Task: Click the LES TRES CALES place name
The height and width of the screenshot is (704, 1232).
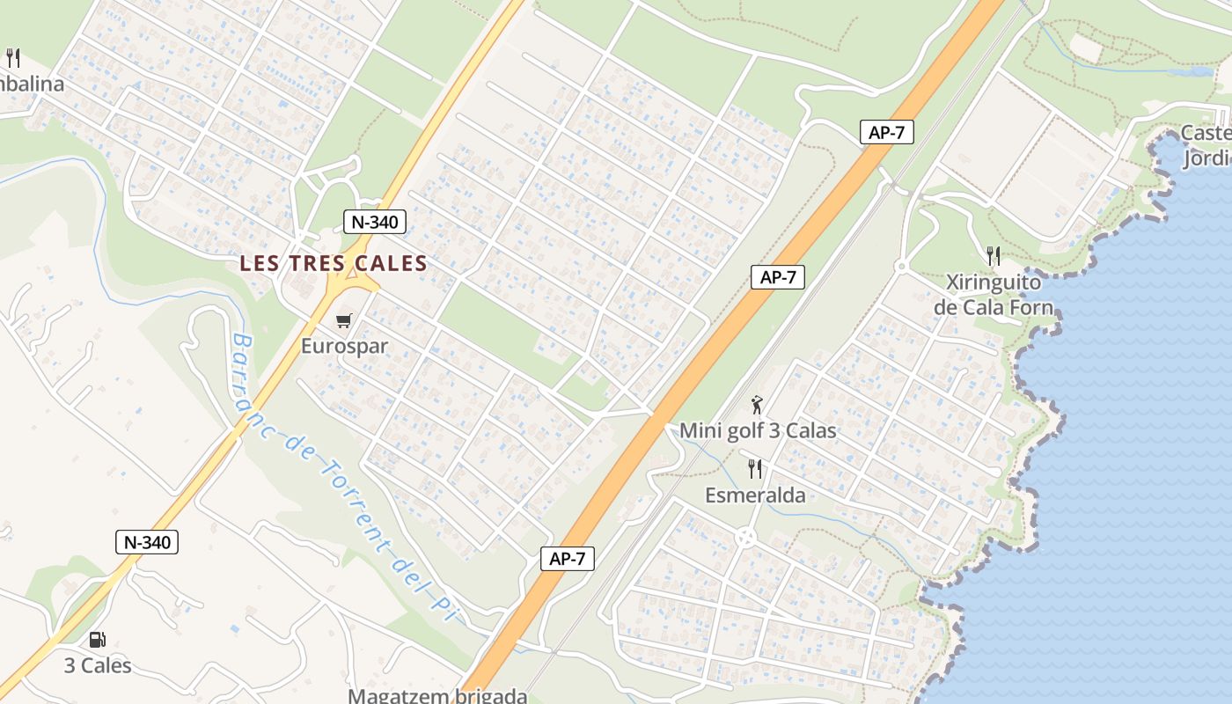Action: click(x=334, y=263)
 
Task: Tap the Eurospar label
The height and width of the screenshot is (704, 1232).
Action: click(x=344, y=346)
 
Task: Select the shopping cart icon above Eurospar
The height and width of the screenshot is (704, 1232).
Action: click(x=344, y=321)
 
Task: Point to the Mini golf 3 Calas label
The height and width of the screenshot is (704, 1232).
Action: click(x=757, y=431)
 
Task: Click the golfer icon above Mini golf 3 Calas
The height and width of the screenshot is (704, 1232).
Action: click(x=757, y=405)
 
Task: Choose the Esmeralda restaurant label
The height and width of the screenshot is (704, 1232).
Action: click(x=755, y=495)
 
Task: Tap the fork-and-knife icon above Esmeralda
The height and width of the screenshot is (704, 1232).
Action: click(x=754, y=468)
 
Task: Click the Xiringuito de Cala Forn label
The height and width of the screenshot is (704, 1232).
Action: click(x=994, y=295)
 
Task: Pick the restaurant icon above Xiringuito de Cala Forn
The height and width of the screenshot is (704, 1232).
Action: click(x=994, y=256)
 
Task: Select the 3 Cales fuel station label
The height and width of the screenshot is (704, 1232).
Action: click(x=98, y=665)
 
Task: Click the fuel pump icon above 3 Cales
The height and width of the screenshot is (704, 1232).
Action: click(x=97, y=640)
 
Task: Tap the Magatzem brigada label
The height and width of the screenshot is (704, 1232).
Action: click(x=437, y=695)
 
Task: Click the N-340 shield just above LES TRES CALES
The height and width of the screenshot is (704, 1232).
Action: click(x=375, y=222)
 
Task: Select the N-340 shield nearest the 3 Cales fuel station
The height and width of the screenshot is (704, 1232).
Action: click(x=147, y=542)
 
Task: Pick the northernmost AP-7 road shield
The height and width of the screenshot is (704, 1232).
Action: click(x=887, y=133)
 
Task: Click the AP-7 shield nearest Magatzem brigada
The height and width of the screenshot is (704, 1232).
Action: click(x=568, y=558)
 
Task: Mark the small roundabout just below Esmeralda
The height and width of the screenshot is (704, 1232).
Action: click(x=746, y=536)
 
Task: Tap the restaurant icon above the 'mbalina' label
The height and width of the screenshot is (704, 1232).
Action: click(x=12, y=58)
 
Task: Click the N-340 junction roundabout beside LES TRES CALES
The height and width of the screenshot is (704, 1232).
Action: click(x=352, y=280)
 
